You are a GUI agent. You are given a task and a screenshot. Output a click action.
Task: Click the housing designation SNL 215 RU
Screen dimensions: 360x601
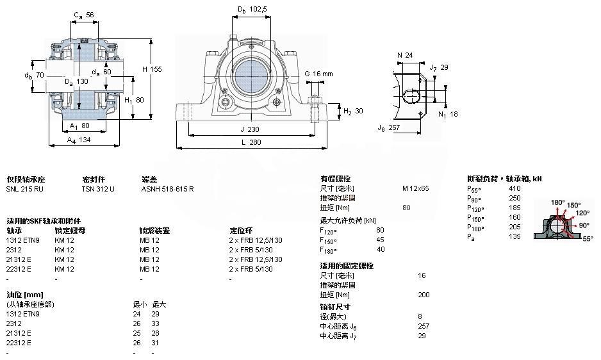pyautogui.click(x=25, y=190)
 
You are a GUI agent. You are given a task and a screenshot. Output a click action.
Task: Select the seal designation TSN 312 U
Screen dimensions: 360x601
pyautogui.click(x=97, y=190)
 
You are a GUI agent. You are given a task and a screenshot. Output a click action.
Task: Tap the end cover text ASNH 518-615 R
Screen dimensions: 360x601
pyautogui.click(x=167, y=190)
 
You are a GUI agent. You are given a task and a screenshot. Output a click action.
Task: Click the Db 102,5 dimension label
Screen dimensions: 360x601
pyautogui.click(x=252, y=10)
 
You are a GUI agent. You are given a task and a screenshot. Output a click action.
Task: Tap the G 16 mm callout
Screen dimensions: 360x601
pyautogui.click(x=318, y=74)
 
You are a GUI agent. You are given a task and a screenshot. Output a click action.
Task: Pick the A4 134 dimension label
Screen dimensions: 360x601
pyautogui.click(x=79, y=140)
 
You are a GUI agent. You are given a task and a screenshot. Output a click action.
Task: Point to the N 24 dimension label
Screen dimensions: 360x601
pyautogui.click(x=404, y=55)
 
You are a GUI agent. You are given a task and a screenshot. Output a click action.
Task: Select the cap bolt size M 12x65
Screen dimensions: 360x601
pyautogui.click(x=415, y=189)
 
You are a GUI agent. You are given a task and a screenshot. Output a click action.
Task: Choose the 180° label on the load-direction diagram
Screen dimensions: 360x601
pyautogui.click(x=557, y=202)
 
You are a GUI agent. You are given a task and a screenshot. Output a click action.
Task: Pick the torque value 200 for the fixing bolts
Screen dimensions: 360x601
pyautogui.click(x=424, y=295)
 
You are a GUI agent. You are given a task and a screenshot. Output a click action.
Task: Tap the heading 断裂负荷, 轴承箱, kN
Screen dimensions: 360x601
pyautogui.click(x=505, y=179)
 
